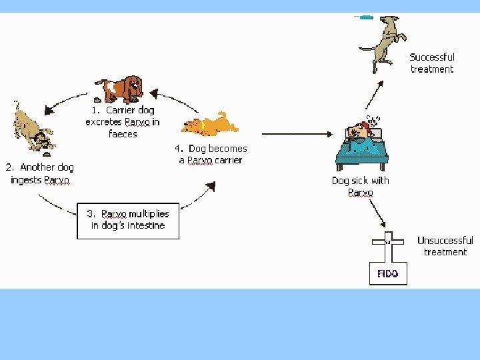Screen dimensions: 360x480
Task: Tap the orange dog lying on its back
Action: tap(213, 124)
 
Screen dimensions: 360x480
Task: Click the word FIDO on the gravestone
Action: tap(388, 273)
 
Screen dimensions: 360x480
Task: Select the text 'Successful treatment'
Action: tap(432, 63)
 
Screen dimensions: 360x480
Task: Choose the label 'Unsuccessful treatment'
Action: tap(445, 246)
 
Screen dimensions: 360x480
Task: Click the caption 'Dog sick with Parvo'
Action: tap(361, 187)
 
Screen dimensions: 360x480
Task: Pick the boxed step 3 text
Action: tap(128, 220)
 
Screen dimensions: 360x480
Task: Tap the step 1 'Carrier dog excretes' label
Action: tap(122, 122)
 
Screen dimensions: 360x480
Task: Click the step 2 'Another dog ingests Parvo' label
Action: tap(40, 173)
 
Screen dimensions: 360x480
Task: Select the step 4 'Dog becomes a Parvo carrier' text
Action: tap(211, 155)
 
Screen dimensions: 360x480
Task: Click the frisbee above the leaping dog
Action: tap(363, 17)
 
